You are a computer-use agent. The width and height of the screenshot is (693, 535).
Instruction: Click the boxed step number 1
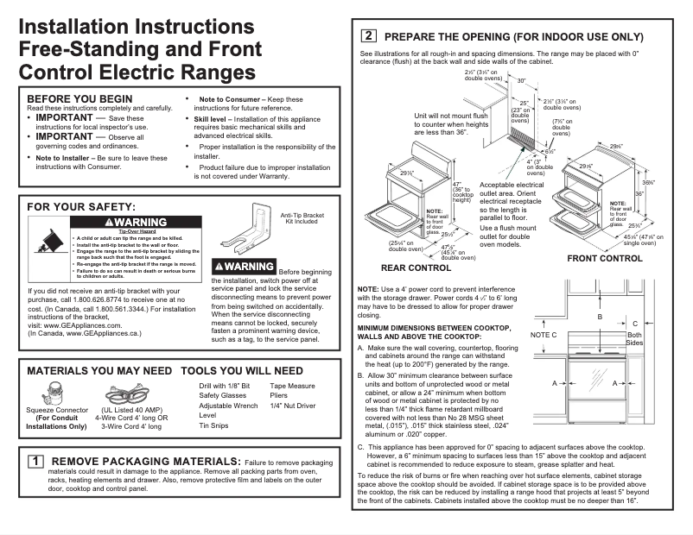point(35,461)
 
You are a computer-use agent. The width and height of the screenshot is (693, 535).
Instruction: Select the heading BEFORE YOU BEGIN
point(79,98)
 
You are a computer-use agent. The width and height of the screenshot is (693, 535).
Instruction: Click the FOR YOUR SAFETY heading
point(81,207)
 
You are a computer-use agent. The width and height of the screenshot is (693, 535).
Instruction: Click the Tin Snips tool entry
point(215,425)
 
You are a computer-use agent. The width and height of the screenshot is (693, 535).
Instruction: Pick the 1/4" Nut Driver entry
point(292,405)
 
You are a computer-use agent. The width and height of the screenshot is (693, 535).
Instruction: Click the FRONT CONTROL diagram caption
point(604,258)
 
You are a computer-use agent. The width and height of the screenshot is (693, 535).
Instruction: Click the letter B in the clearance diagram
point(600,318)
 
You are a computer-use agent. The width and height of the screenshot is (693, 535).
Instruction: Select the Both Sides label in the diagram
point(634,339)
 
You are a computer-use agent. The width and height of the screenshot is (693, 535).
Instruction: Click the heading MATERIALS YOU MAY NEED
point(99,370)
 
